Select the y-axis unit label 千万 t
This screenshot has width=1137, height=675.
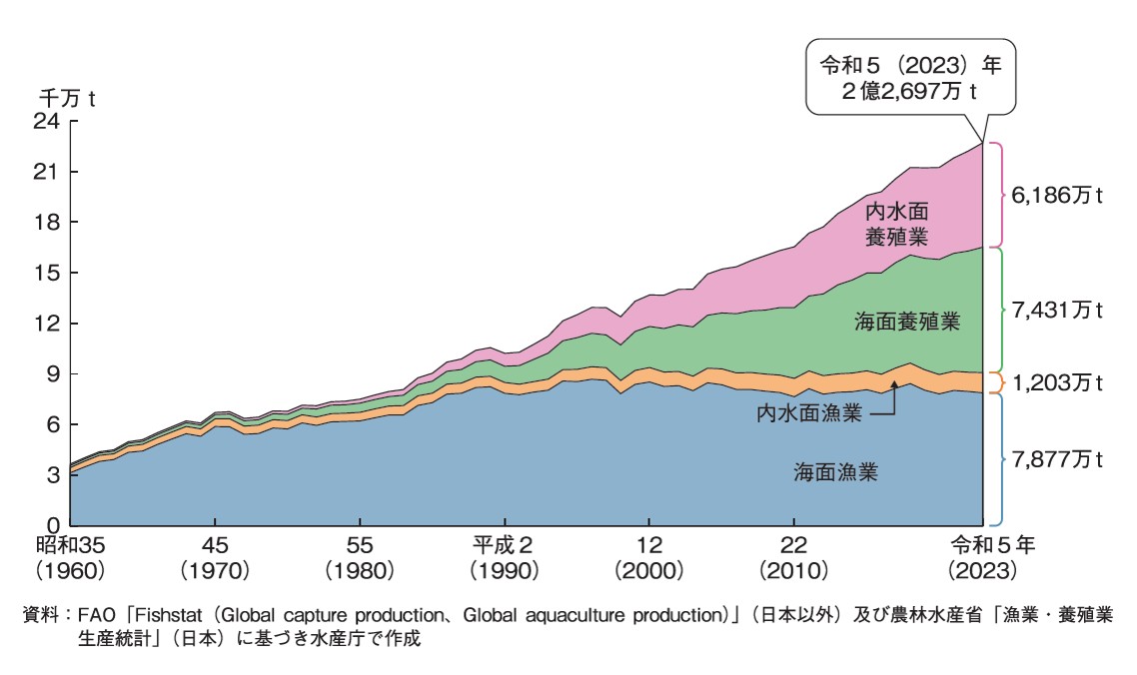coord(66,99)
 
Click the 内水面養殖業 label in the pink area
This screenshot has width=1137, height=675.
coord(897,225)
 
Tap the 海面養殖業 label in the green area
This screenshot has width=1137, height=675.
coord(907,323)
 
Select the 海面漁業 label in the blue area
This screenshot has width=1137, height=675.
coord(836,472)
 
